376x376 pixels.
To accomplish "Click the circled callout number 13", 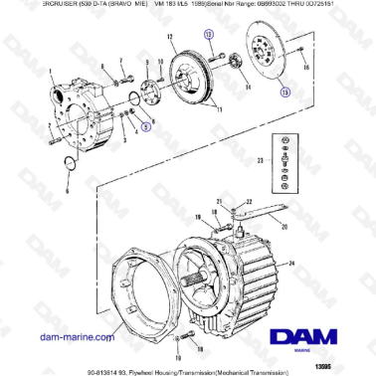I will point(208,36).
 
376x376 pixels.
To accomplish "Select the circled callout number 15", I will point(285,93).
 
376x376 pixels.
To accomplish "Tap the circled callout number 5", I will point(145,127).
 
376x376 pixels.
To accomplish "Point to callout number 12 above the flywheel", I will point(170,37).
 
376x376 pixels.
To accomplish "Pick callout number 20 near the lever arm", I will point(285,226).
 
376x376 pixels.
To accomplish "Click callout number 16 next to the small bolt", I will point(308,67).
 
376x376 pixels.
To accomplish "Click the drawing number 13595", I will point(351,364).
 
